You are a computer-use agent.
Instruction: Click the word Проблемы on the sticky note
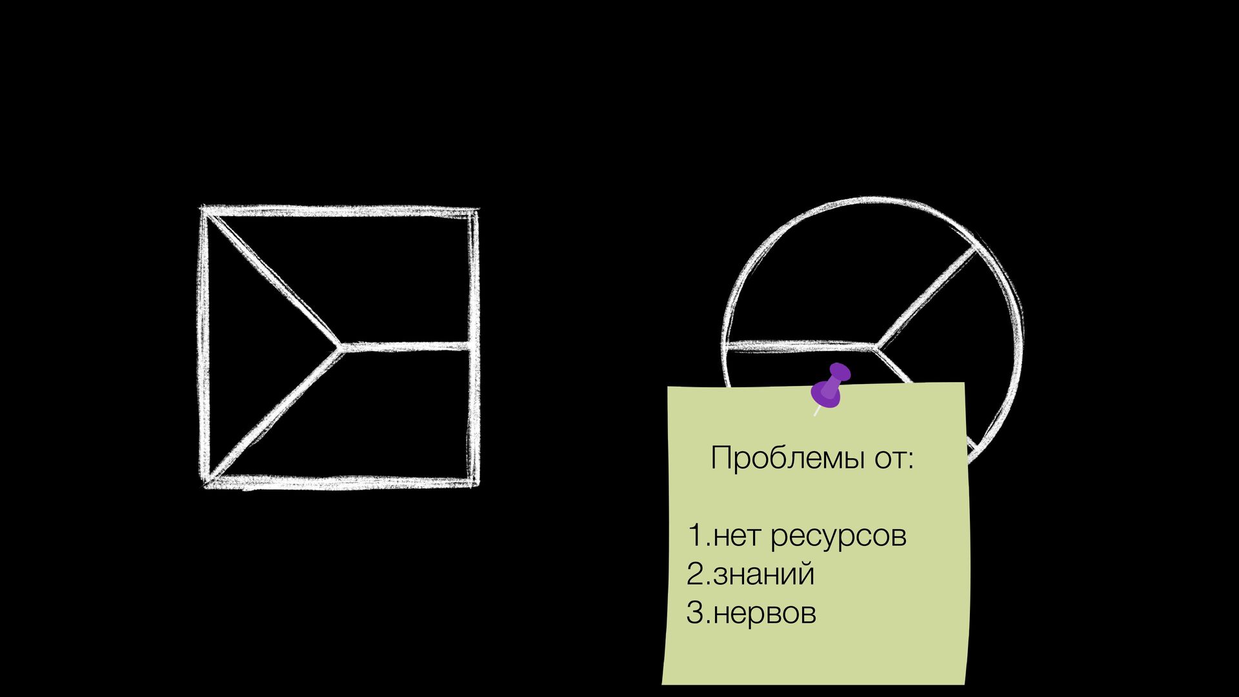(786, 458)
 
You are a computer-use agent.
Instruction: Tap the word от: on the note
(894, 458)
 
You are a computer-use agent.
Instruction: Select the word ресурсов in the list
(838, 536)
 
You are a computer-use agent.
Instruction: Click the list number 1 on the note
(694, 535)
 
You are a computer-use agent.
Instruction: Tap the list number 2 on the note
(696, 574)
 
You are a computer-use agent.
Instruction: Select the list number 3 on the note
(696, 613)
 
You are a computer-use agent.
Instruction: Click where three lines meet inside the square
(339, 347)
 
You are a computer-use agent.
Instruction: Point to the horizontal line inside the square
(407, 347)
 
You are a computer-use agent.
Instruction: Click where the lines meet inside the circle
(876, 347)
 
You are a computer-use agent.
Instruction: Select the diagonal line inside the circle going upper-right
(926, 298)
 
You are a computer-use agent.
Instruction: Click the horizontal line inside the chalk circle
(800, 346)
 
